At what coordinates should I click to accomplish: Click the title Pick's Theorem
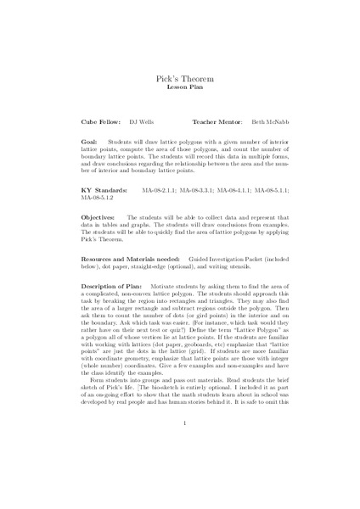pos(184,78)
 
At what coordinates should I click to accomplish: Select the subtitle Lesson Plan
pos(184,87)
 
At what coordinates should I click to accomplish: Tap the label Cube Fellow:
pos(99,122)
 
